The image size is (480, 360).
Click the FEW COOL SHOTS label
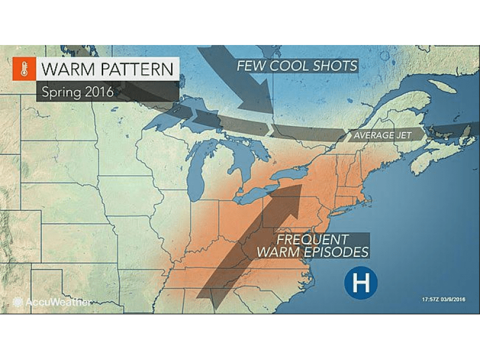pyautogui.click(x=296, y=65)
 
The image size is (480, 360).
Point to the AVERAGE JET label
pyautogui.click(x=382, y=136)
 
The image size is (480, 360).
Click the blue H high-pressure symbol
pyautogui.click(x=361, y=281)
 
